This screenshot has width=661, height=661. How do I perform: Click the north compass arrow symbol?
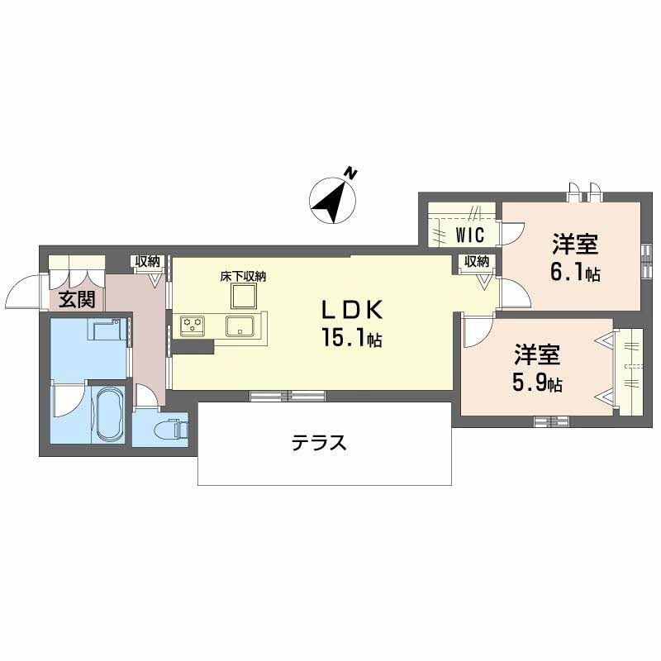click(332, 198)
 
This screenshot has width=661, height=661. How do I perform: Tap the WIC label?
click(468, 235)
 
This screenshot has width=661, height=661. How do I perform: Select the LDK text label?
click(351, 310)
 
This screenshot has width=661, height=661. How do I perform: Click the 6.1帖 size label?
click(576, 274)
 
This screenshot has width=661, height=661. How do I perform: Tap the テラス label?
click(318, 444)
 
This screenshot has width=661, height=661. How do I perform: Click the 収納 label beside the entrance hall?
click(148, 262)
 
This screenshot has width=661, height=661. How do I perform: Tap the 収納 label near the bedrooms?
click(476, 262)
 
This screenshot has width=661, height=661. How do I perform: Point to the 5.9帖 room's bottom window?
click(552, 421)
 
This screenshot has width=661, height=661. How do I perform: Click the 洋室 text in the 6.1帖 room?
click(575, 246)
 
